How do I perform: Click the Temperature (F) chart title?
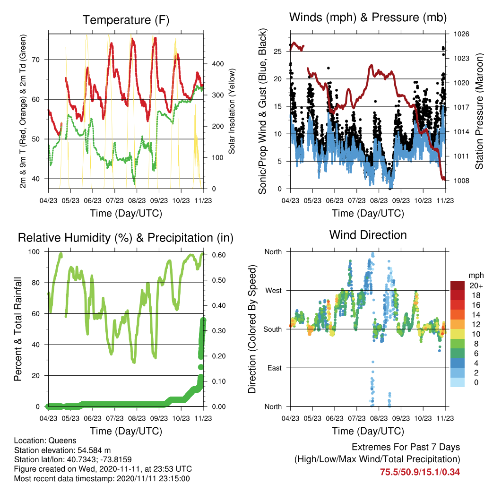[x=126, y=20]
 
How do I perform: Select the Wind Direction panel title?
[x=368, y=235]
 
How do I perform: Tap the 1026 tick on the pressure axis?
[x=461, y=34]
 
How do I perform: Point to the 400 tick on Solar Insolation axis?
[x=217, y=64]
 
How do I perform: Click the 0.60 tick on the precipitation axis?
[x=219, y=255]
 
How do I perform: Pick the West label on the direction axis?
[x=274, y=291]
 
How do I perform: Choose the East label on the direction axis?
[x=275, y=368]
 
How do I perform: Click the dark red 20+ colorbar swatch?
[x=458, y=285]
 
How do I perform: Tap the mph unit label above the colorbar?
[x=475, y=276]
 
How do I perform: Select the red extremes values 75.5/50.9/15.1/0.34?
[x=420, y=472]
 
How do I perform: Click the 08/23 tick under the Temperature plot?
[x=137, y=200]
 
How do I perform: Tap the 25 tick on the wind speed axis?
[x=278, y=51]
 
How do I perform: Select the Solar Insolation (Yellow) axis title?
[x=232, y=111]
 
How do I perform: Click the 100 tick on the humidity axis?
[x=34, y=251]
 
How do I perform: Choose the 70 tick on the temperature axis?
[x=36, y=60]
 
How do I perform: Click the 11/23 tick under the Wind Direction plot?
[x=445, y=418]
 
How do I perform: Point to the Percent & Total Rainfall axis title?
[x=18, y=329]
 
